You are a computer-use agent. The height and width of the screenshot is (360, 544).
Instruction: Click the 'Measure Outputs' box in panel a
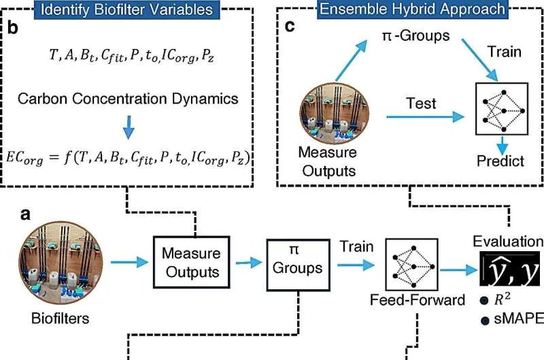point(190,263)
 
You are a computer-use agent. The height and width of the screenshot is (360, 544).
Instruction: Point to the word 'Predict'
point(500,161)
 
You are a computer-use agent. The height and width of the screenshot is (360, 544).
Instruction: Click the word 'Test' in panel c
point(421,103)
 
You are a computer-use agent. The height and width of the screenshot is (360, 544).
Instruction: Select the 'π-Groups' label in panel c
point(415,35)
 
